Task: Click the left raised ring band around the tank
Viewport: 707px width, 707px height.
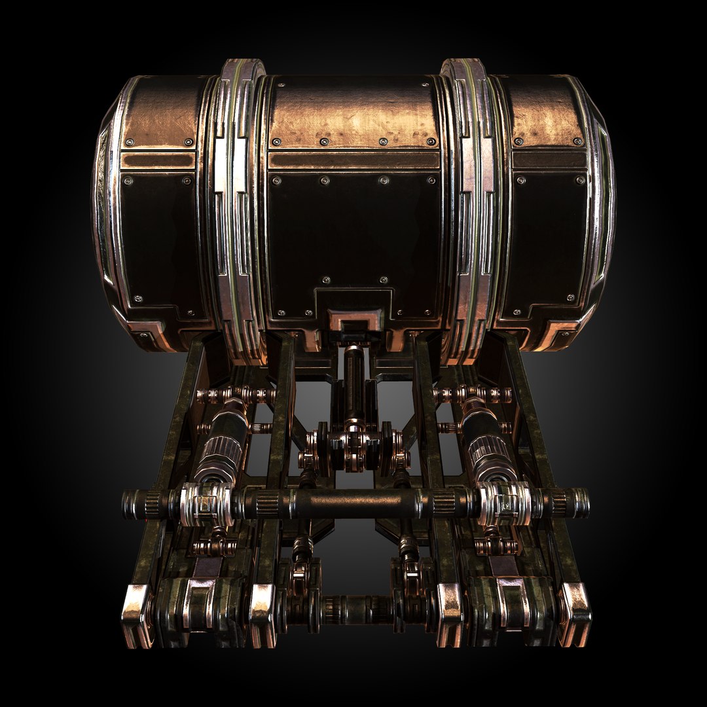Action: pyautogui.click(x=236, y=209)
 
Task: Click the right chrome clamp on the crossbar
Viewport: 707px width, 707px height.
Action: pyautogui.click(x=503, y=503)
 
